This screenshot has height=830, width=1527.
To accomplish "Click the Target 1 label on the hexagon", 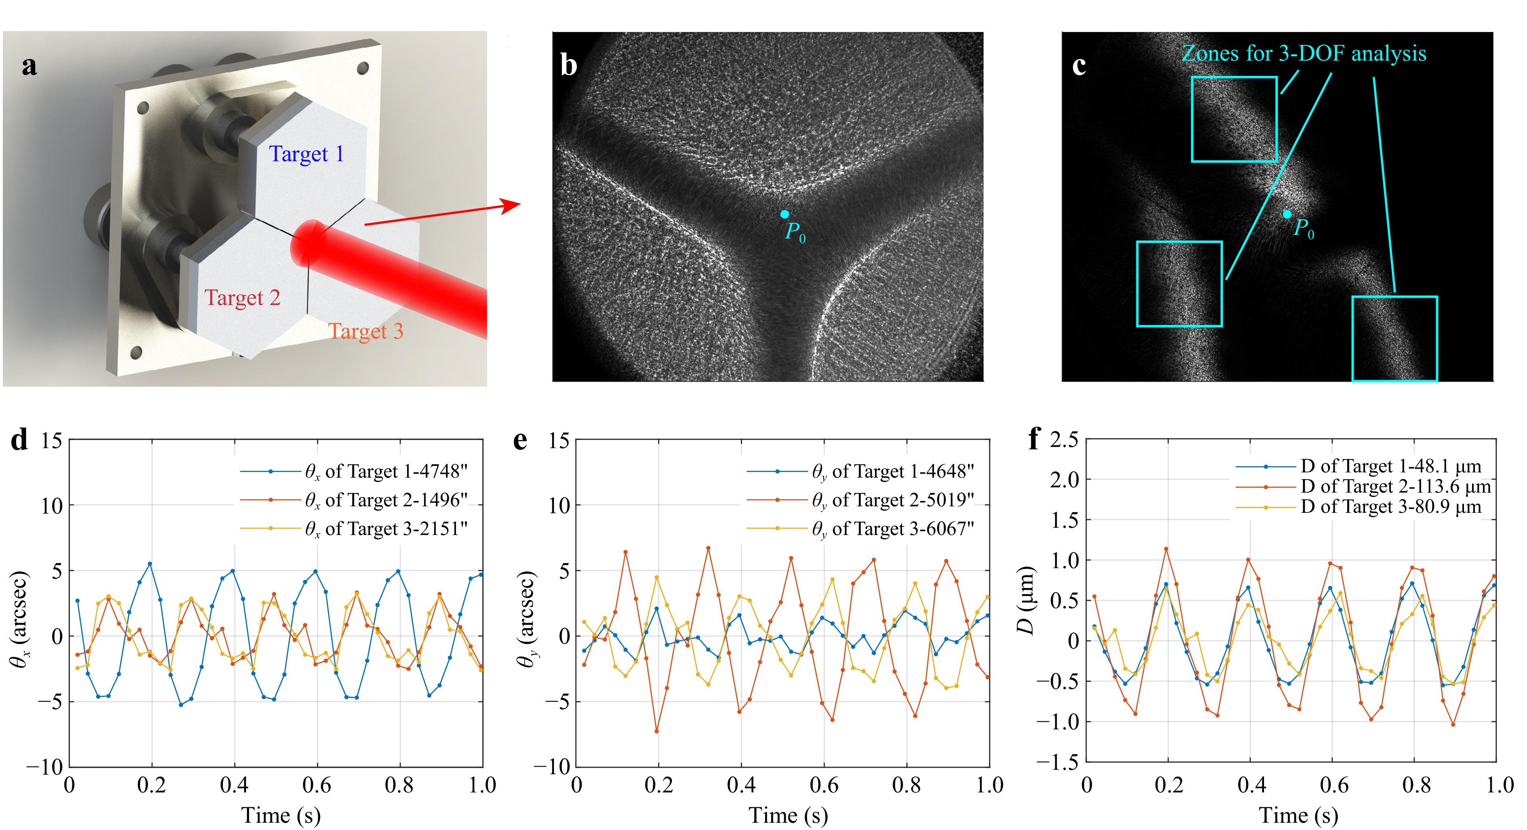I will coord(307,154).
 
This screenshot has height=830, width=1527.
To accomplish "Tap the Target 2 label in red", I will coord(242,298).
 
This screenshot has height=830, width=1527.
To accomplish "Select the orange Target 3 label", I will coord(366,331).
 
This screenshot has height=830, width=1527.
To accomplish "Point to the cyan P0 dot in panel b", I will coord(784,214).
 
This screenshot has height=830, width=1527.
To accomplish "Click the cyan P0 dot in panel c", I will coord(1287,214).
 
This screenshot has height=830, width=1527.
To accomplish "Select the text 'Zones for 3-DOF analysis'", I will coord(1304,53).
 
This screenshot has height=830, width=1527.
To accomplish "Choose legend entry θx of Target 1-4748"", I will coord(386,471).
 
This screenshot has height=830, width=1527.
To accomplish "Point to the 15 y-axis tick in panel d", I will coord(52,440).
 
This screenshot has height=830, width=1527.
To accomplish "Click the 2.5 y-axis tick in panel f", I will coord(1064,440).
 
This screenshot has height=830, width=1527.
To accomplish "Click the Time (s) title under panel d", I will coord(281,816).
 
